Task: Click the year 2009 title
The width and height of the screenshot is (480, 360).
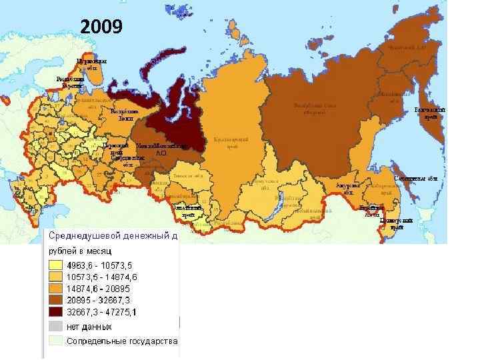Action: tap(101, 27)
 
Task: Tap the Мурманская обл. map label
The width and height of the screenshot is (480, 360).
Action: tap(91, 64)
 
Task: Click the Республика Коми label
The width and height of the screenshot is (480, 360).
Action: tap(124, 115)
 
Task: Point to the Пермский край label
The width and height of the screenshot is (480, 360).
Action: tap(112, 149)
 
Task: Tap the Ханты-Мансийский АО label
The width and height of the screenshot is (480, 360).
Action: tap(160, 149)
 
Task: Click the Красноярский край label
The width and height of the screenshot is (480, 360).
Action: tap(231, 143)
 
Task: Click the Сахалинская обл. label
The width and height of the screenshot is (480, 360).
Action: tap(415, 179)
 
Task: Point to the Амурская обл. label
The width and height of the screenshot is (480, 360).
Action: tap(348, 188)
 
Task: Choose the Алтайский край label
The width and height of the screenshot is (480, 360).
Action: tap(184, 212)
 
